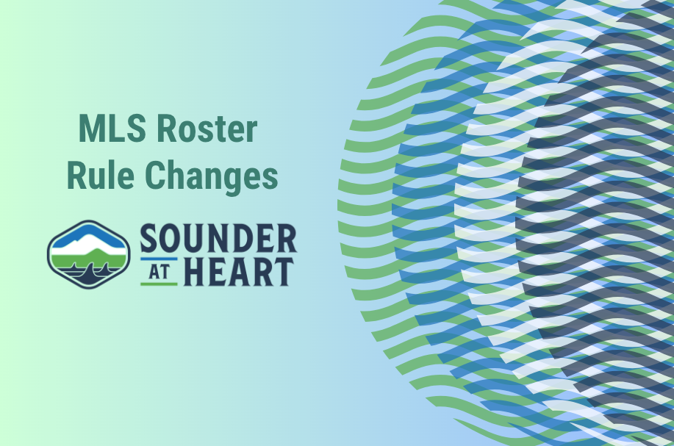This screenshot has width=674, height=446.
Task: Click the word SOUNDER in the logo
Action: [x=218, y=240]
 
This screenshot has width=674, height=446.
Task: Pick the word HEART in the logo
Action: [x=239, y=271]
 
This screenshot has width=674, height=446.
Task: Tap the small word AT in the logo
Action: [x=159, y=271]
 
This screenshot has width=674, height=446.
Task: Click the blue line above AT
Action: [x=159, y=259]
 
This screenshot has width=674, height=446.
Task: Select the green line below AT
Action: [x=159, y=283]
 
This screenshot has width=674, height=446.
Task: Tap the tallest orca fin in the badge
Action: [x=90, y=273]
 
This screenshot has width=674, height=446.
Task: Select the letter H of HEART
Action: [x=193, y=271]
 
